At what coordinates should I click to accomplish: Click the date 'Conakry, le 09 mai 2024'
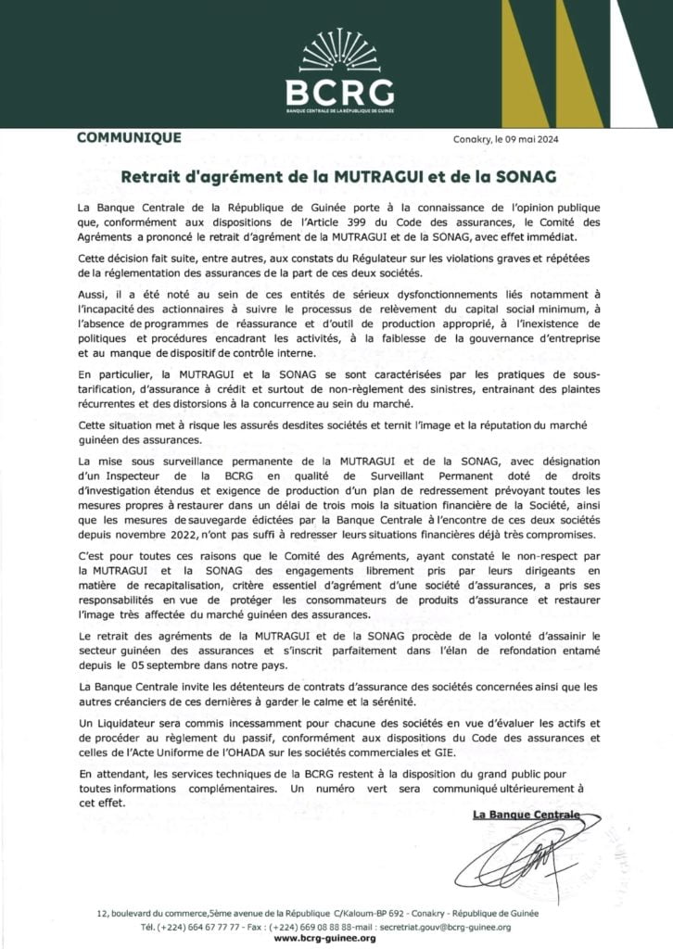click(x=512, y=140)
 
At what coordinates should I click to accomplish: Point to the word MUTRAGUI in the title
click(x=400, y=173)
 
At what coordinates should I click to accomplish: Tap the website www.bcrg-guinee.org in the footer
click(x=324, y=938)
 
